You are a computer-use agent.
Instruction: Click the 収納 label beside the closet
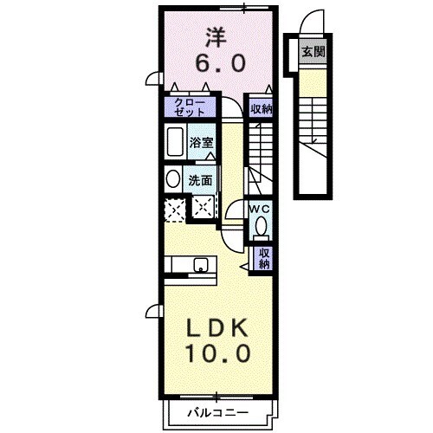261,109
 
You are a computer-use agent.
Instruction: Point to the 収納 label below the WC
261,258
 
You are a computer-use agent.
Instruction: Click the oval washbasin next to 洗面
172,178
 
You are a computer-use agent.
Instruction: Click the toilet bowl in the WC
261,228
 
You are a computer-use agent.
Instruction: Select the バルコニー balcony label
220,413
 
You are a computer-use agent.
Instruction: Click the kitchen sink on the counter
201,265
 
